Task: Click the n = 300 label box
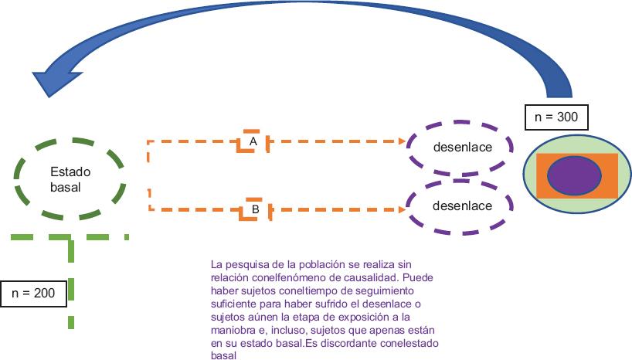pos(556,118)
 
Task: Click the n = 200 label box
pos(33,293)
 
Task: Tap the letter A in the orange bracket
pos(253,141)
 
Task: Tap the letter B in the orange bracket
pos(254,209)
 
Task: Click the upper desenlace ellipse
pos(462,147)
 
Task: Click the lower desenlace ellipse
pos(462,206)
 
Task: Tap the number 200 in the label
pos(45,293)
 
